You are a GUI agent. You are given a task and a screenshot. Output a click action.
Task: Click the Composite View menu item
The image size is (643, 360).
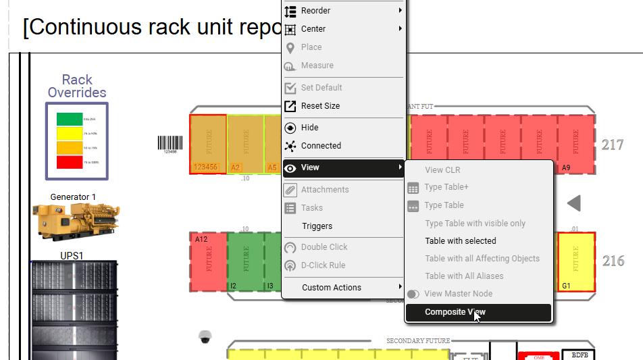click(455, 312)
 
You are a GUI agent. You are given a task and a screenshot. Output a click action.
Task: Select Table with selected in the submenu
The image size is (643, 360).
click(460, 241)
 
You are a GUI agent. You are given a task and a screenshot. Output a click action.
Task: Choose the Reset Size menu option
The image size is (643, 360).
click(320, 106)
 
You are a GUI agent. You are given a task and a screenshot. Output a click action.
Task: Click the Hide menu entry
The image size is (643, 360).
click(309, 128)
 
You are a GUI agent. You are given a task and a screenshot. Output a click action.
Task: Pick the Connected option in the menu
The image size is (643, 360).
click(321, 146)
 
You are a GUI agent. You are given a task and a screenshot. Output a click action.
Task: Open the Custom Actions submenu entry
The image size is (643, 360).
click(331, 288)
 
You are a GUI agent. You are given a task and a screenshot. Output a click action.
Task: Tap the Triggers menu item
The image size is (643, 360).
click(317, 226)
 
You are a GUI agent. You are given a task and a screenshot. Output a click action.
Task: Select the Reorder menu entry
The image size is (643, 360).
click(315, 11)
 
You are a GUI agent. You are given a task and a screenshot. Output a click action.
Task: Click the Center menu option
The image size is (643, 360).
click(313, 29)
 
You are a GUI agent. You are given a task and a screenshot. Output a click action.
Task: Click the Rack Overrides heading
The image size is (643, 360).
click(77, 86)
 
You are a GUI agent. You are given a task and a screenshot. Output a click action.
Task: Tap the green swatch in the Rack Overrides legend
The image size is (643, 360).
click(70, 119)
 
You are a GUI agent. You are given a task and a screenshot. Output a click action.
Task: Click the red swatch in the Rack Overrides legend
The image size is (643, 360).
click(70, 162)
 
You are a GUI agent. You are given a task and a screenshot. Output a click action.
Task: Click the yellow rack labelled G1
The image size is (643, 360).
click(576, 262)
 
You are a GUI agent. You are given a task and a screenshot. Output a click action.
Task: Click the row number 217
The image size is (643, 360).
click(613, 145)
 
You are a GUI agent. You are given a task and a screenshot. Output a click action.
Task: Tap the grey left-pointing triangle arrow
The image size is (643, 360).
click(573, 203)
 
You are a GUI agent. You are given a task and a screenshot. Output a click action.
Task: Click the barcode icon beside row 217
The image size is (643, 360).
click(170, 143)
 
